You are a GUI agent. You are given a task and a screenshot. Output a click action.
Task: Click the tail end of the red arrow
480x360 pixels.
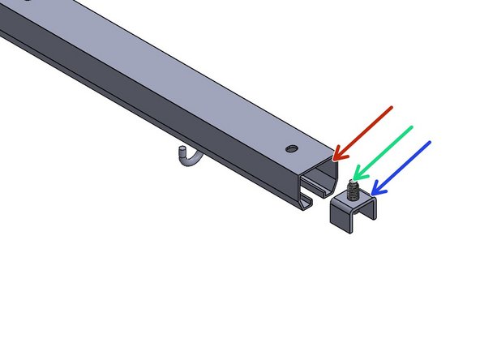click(x=392, y=106)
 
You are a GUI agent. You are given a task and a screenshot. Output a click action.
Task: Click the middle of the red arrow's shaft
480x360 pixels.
click(x=365, y=131)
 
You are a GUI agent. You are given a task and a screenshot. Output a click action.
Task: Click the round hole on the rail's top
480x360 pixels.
click(x=290, y=148)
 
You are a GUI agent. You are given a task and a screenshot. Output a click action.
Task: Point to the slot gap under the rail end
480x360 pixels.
click(x=319, y=202)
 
